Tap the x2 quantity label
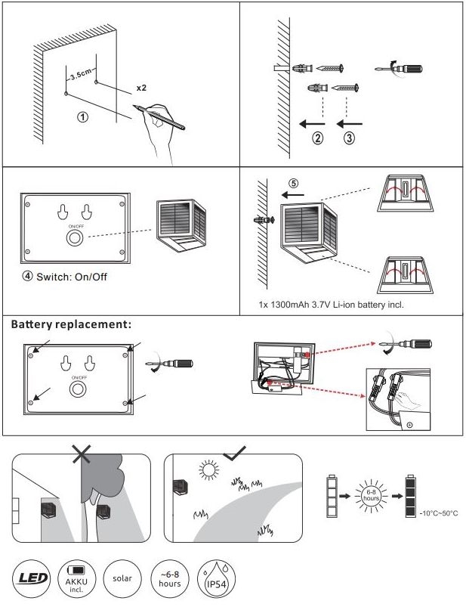pyautogui.click(x=141, y=88)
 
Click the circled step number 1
pyautogui.click(x=83, y=117)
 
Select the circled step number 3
pyautogui.click(x=349, y=138)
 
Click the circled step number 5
pyautogui.click(x=294, y=182)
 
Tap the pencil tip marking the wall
pyautogui.click(x=133, y=107)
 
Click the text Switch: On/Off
pyautogui.click(x=65, y=277)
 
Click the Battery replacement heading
pyautogui.click(x=72, y=324)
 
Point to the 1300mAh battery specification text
pyautogui.click(x=331, y=305)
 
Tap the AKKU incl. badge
pyautogui.click(x=77, y=579)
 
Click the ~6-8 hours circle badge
pyautogui.click(x=169, y=579)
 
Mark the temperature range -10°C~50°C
pyautogui.click(x=438, y=514)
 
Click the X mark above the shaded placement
pyautogui.click(x=82, y=454)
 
